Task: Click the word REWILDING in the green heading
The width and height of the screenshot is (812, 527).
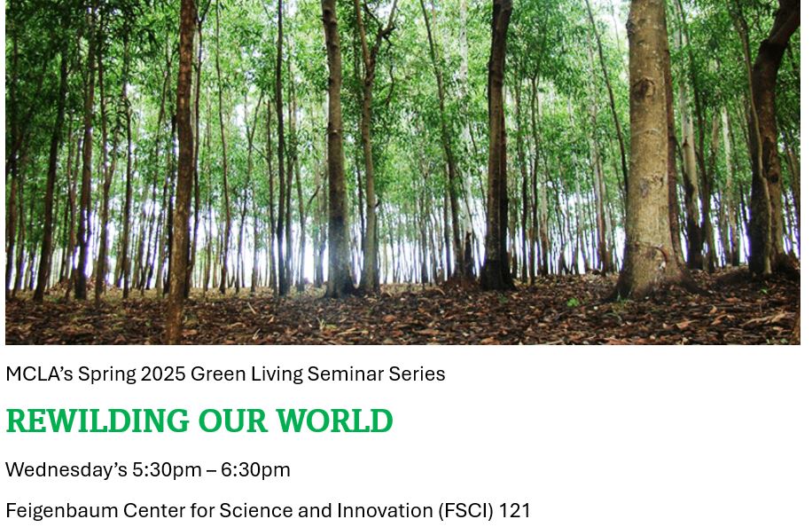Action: (x=98, y=421)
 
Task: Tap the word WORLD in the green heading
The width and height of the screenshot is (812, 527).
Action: (x=334, y=421)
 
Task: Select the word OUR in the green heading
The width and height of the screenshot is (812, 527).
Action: (x=232, y=421)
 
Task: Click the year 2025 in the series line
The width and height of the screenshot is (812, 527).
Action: (x=163, y=374)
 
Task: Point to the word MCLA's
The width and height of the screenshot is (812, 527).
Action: (x=39, y=374)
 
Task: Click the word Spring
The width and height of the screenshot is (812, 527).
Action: (x=106, y=374)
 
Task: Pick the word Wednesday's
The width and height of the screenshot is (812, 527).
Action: (x=66, y=470)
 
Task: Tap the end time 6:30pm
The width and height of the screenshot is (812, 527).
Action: (x=256, y=470)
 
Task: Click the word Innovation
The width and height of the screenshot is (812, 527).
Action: (x=385, y=510)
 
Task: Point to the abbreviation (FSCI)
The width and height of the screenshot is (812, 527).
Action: (x=465, y=511)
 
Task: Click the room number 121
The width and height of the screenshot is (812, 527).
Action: (x=515, y=510)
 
